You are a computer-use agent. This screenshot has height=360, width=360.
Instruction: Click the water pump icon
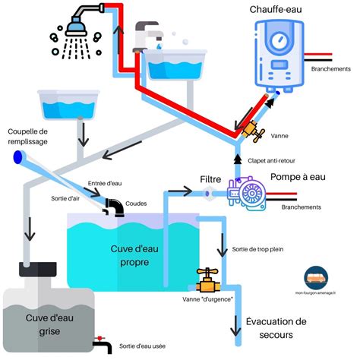pyautogui.click(x=246, y=194)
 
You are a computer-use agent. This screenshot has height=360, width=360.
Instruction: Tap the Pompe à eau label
pyautogui.click(x=298, y=177)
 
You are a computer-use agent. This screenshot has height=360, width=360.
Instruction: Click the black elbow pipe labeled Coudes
pyautogui.click(x=115, y=207)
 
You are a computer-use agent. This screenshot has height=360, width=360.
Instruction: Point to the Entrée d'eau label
pyautogui.click(x=104, y=184)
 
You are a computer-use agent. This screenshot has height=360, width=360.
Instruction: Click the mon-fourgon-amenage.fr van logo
pyautogui.click(x=314, y=278)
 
